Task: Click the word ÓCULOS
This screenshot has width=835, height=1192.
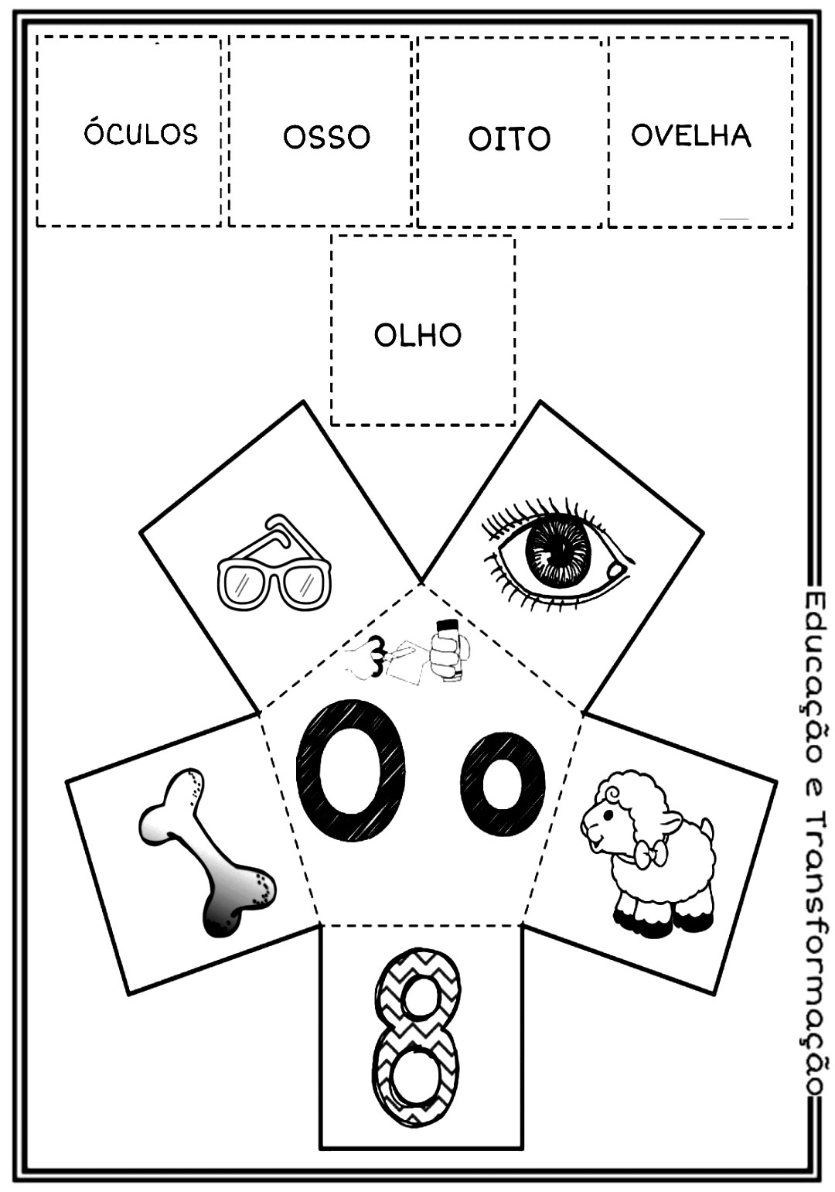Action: coord(141,135)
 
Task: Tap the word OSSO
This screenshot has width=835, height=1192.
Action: coord(326,138)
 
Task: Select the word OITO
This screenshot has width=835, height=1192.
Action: coord(509,139)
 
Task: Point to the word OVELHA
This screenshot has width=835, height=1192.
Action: coord(691,136)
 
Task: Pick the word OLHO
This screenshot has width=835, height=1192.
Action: coord(417,336)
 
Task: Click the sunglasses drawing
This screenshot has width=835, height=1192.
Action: coord(272,562)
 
